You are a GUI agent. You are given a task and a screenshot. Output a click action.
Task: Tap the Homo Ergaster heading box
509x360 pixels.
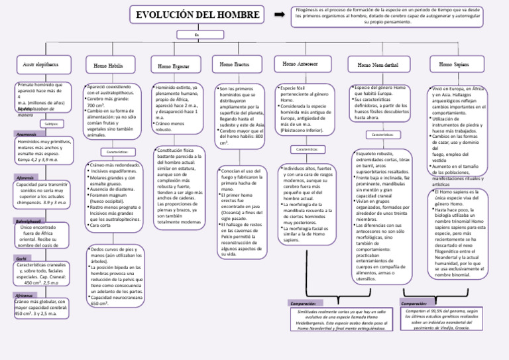[174, 66]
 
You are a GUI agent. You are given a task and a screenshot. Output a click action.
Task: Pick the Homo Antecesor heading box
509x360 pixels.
[302, 64]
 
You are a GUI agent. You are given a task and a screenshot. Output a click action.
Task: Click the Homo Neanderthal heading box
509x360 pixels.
[378, 65]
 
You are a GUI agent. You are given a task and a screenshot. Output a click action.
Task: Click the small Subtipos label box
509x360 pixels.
[52, 123]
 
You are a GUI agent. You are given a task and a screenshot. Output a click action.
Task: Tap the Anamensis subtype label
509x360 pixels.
[27, 135]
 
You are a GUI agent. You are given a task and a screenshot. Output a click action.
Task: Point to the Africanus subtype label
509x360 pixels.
[24, 295]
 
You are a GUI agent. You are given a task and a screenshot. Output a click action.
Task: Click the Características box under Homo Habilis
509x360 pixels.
[118, 152]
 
